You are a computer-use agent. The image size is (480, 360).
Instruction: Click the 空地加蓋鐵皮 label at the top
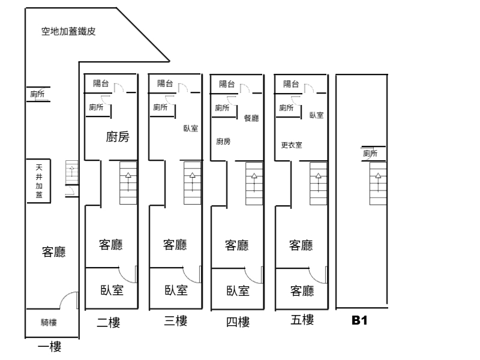tap(68, 32)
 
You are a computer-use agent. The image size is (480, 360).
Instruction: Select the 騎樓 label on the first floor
tap(49, 323)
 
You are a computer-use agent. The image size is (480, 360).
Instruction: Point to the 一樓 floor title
tap(50, 347)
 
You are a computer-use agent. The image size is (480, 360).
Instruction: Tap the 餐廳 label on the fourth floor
tap(251, 119)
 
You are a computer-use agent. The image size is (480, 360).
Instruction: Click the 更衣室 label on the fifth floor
tap(291, 145)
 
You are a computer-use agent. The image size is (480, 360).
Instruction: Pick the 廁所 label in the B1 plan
tap(370, 154)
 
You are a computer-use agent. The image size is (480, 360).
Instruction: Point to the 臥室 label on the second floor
tap(112, 290)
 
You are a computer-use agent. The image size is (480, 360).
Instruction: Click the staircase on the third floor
tap(192, 183)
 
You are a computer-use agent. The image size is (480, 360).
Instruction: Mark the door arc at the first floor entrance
tap(70, 299)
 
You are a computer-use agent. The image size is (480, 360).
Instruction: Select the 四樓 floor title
tap(237, 323)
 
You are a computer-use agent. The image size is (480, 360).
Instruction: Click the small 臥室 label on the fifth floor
tap(316, 115)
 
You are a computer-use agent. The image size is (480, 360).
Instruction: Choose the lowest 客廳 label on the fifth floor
tap(301, 291)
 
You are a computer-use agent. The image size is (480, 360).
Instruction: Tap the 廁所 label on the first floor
tap(37, 94)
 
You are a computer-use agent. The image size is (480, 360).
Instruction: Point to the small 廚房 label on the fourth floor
tap(223, 142)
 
